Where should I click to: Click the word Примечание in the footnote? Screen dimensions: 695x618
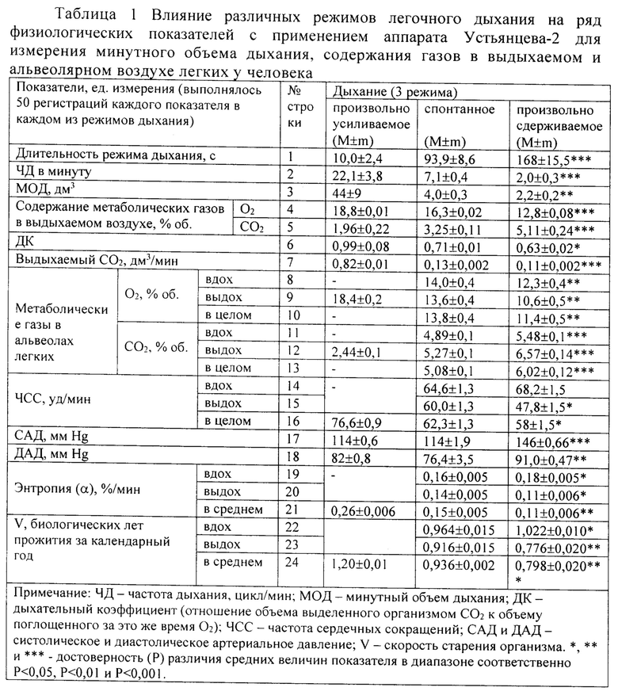pyautogui.click(x=54, y=594)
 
